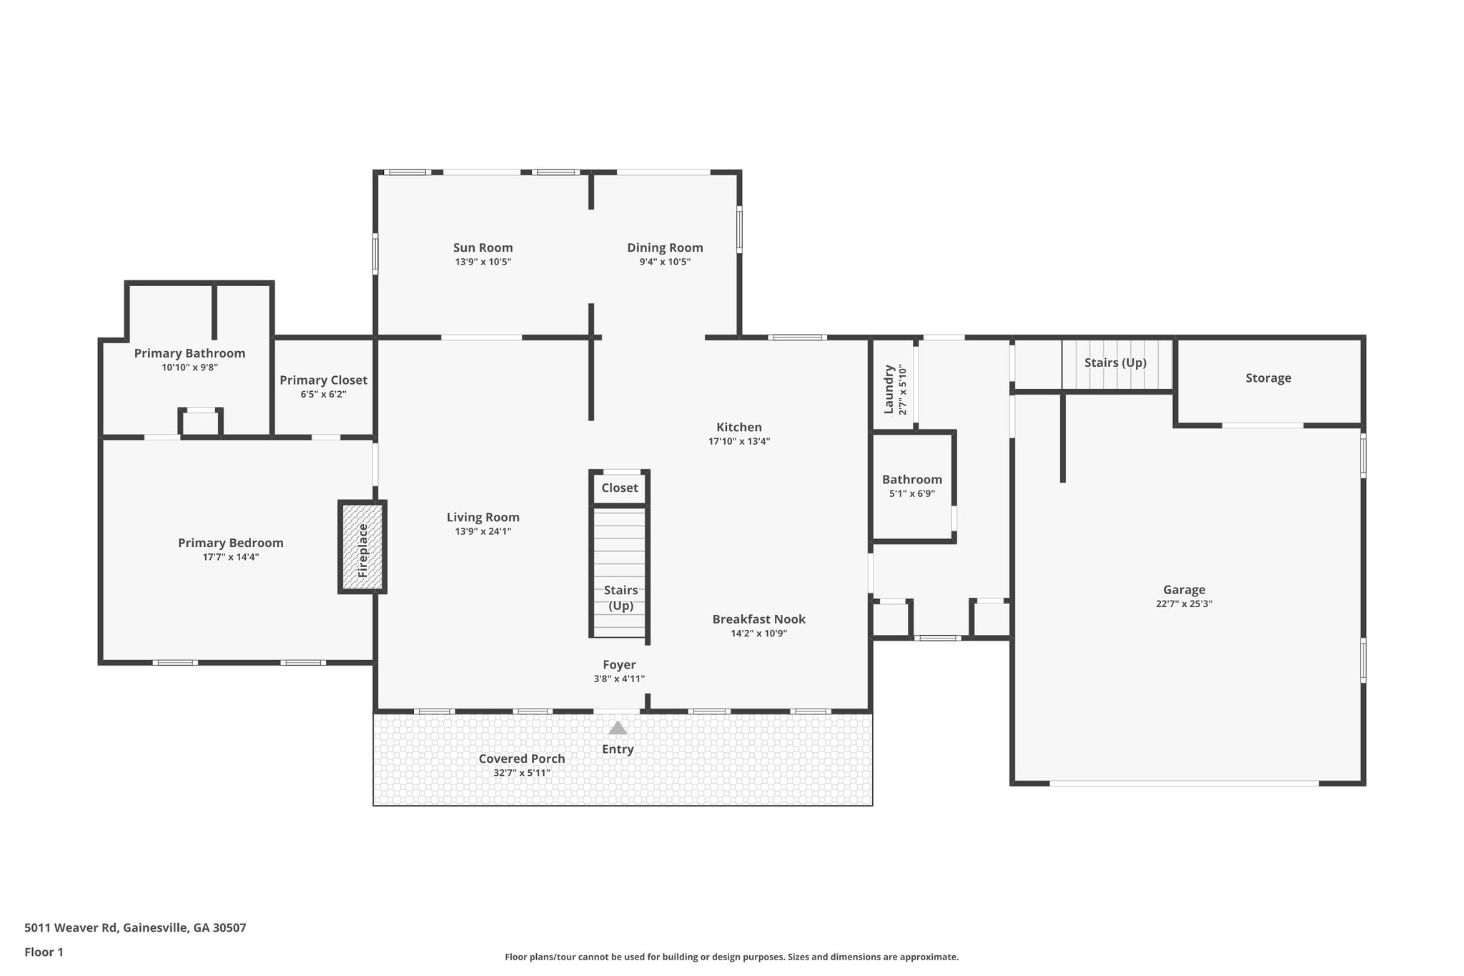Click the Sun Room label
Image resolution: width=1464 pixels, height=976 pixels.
click(x=483, y=248)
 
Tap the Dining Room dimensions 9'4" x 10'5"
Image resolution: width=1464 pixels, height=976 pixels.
click(x=665, y=262)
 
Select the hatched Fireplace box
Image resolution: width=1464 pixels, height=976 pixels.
click(x=362, y=546)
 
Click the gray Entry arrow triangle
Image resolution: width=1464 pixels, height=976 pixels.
click(x=618, y=728)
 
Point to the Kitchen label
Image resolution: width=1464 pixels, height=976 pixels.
click(x=739, y=428)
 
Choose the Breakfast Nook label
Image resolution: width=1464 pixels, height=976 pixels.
click(x=758, y=619)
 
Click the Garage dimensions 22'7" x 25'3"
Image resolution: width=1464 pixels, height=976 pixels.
click(x=1184, y=603)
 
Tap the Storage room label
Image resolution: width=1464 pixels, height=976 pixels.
click(x=1268, y=378)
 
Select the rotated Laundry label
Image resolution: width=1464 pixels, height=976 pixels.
click(x=889, y=390)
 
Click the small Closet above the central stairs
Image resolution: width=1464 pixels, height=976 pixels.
click(x=620, y=488)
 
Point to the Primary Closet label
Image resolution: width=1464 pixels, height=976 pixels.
click(x=323, y=380)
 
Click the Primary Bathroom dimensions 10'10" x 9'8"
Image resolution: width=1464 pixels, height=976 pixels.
click(x=189, y=368)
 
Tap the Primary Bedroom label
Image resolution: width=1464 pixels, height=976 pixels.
click(x=231, y=543)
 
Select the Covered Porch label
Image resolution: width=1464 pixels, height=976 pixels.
click(x=522, y=759)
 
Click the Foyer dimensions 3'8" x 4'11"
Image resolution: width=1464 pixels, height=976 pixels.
click(x=619, y=679)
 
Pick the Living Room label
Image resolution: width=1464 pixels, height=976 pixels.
click(x=483, y=517)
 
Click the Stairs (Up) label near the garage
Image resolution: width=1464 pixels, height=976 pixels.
click(x=1115, y=363)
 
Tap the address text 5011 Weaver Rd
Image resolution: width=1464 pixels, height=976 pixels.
click(x=70, y=928)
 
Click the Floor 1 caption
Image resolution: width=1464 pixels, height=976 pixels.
click(x=44, y=952)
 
